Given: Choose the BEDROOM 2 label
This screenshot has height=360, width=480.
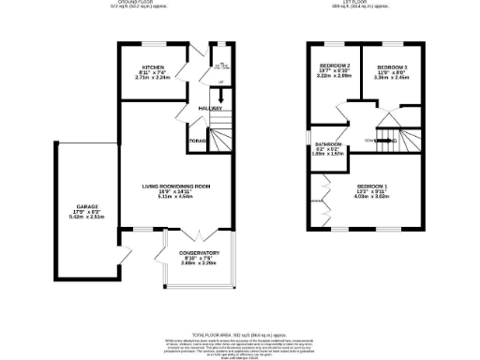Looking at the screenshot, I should click(335, 65).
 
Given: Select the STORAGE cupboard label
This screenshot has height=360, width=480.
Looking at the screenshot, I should click(197, 142).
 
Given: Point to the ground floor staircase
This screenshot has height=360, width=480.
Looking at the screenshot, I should click(219, 137).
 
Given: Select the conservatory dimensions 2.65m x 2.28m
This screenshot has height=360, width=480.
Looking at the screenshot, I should click(199, 263).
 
